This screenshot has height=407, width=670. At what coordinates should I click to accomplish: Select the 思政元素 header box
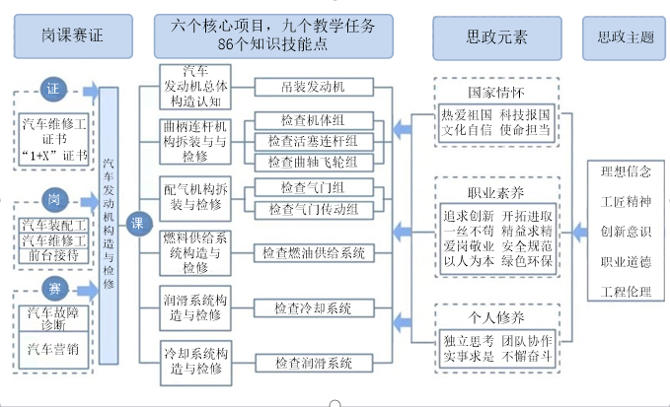[495, 38]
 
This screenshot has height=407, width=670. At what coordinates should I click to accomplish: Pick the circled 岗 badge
[53, 200]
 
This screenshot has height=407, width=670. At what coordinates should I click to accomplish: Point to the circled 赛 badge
[53, 288]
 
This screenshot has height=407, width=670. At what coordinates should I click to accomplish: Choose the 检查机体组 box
[313, 120]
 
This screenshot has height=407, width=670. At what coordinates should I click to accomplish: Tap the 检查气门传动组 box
[313, 209]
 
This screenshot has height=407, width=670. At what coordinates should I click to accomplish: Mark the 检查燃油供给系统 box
[313, 253]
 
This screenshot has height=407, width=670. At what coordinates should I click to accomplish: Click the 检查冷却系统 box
[313, 308]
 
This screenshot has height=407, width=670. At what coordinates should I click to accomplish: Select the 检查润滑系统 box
[313, 366]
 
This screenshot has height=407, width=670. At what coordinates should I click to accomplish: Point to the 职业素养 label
[495, 192]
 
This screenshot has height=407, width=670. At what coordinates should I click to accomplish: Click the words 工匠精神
[626, 201]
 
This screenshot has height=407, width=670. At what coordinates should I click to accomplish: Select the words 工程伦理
[626, 292]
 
